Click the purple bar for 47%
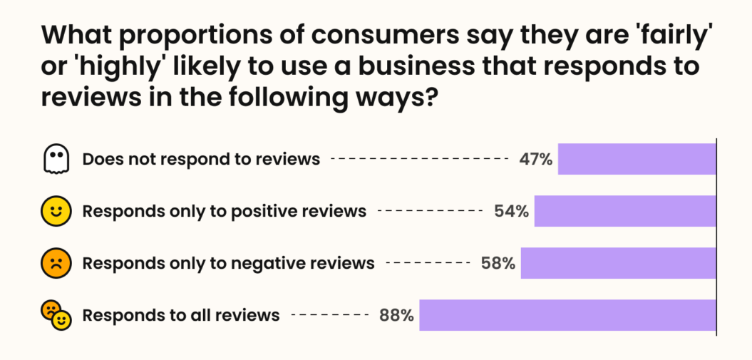pos(637,159)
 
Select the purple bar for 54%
pos(625,211)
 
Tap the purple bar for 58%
pos(618,263)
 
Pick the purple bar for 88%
pos(567,315)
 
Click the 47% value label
pos(536,159)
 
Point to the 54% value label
pos(511,211)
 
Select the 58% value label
pos(498,263)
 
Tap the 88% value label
pos(396,315)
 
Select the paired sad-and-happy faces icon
pos(56,315)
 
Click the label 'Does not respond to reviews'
pos(201,159)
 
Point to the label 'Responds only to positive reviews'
pos(225,211)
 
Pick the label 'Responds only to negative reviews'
pos(228,263)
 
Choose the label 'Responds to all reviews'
pos(181,315)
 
